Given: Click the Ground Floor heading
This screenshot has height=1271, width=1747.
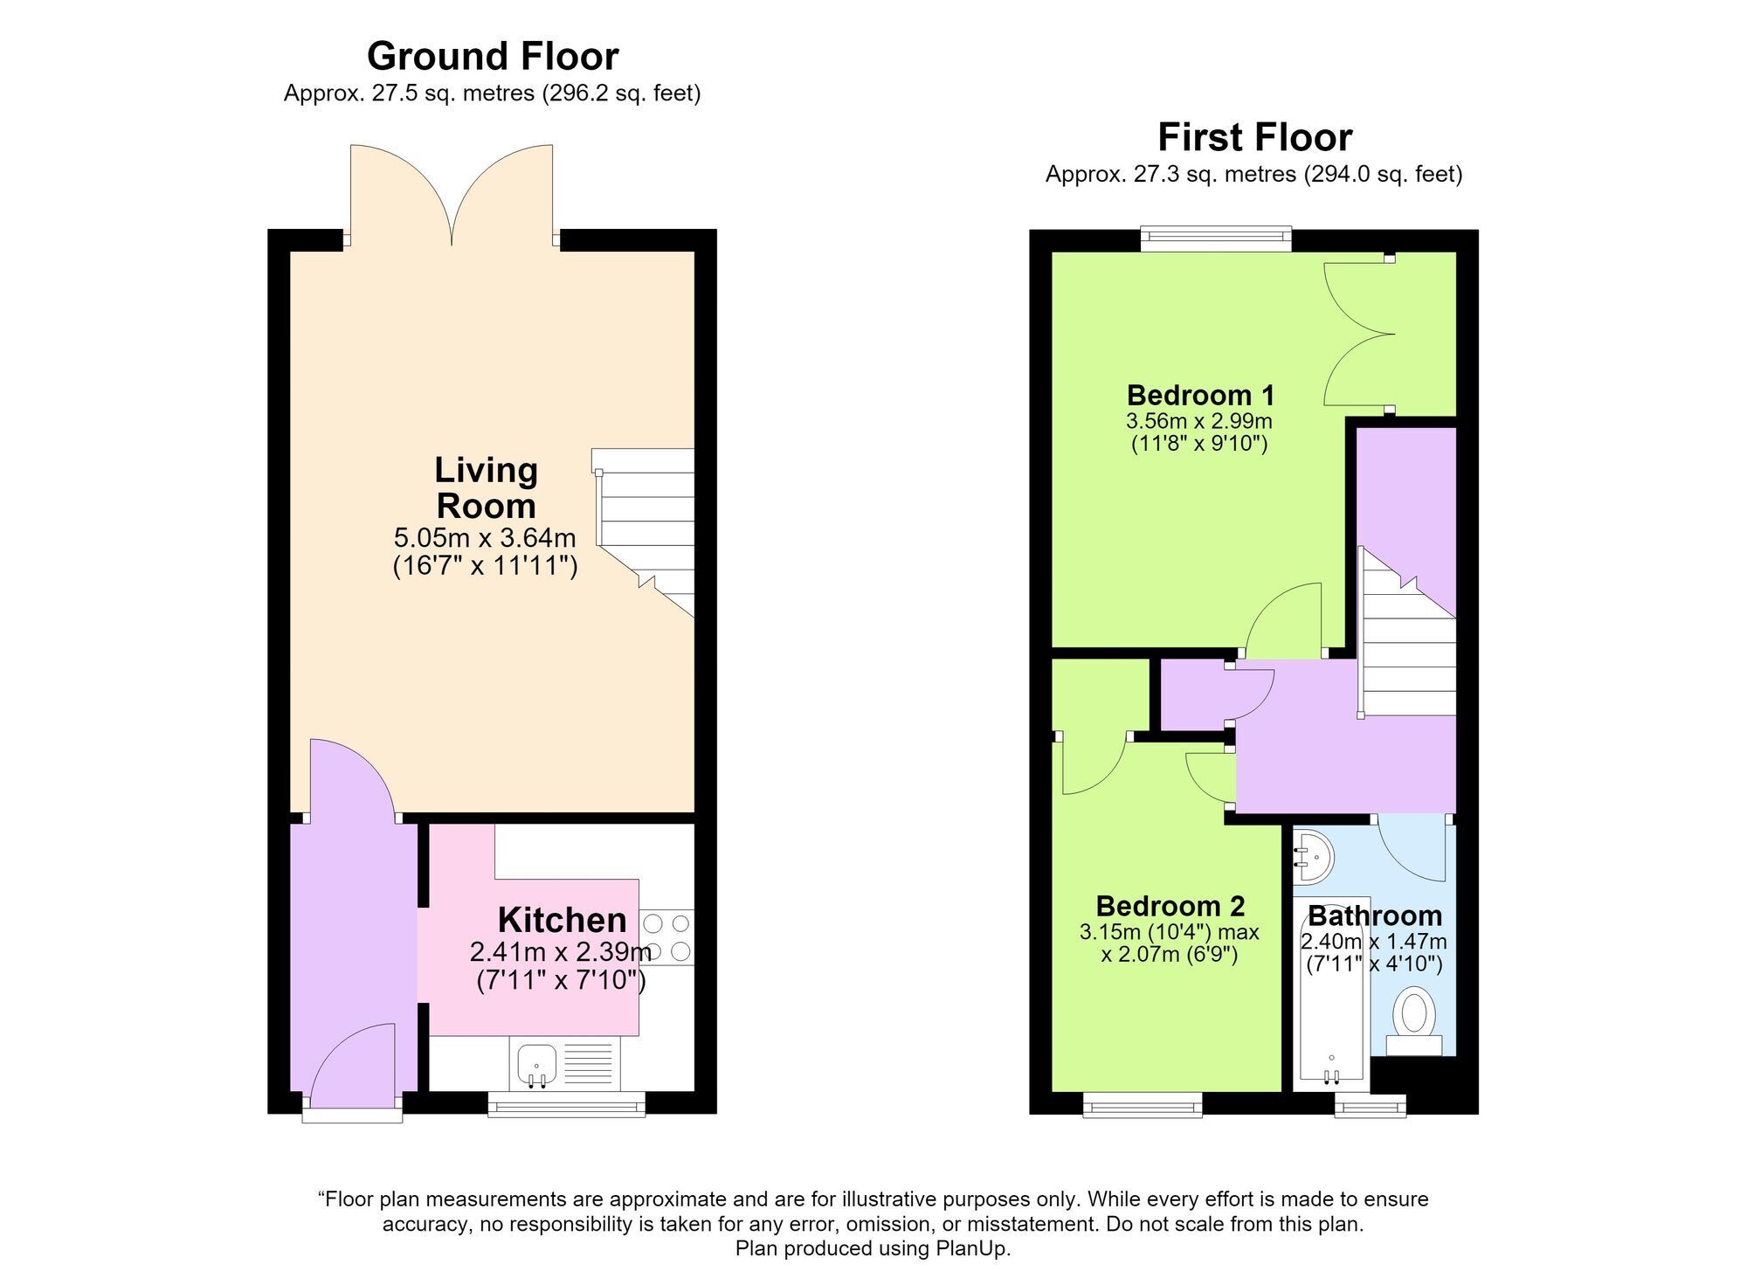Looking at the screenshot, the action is pos(493,57).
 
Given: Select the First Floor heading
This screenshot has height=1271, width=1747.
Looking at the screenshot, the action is pos(1254,137).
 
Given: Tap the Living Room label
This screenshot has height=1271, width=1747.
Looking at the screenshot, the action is pos(486,487).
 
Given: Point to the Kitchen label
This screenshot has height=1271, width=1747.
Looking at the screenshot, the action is pos(562,920).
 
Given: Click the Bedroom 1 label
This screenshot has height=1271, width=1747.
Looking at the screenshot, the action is pos(1200,395).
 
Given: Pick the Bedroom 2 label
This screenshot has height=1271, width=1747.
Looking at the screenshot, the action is pos(1170,906).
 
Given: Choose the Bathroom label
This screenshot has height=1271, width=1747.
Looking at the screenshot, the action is pos(1374,915).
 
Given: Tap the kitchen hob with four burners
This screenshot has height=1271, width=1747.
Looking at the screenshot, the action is pos(667,937).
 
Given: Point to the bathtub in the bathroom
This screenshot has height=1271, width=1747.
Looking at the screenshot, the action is pos(1331,994).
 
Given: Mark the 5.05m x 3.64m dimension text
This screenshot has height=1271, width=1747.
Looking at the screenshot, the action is pos(485,536).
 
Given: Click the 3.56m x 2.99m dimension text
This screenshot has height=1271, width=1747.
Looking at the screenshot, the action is pos(1199,421).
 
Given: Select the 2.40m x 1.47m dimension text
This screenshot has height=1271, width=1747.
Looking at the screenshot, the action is pos(1374,942).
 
